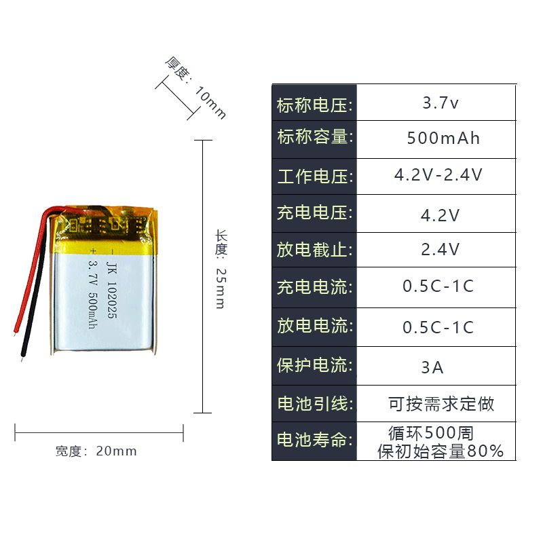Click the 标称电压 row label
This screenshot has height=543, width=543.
[x=315, y=105]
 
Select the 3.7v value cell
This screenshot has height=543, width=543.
[x=441, y=104]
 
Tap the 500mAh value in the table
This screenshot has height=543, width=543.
[x=443, y=138]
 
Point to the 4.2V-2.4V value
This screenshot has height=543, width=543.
[x=438, y=175]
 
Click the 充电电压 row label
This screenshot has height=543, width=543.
[x=315, y=212]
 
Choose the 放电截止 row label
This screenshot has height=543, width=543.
[x=315, y=249]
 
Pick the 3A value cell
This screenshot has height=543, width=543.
[x=432, y=368]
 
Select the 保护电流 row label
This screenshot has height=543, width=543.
[x=315, y=365]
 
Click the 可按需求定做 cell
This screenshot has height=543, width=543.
[x=441, y=405]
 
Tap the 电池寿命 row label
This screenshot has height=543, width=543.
[x=315, y=440]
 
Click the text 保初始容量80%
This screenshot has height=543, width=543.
[x=441, y=451]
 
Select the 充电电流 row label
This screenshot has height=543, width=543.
[x=315, y=286]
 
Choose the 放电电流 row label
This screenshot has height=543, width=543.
[x=315, y=326]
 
